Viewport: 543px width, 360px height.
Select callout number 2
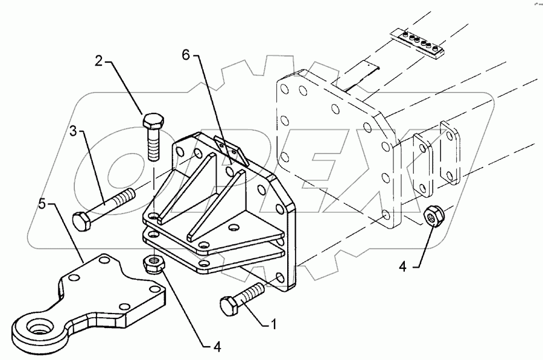(98, 60)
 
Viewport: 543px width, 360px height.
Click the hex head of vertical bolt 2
(151, 120)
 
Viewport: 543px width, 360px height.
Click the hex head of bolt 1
(229, 306)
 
